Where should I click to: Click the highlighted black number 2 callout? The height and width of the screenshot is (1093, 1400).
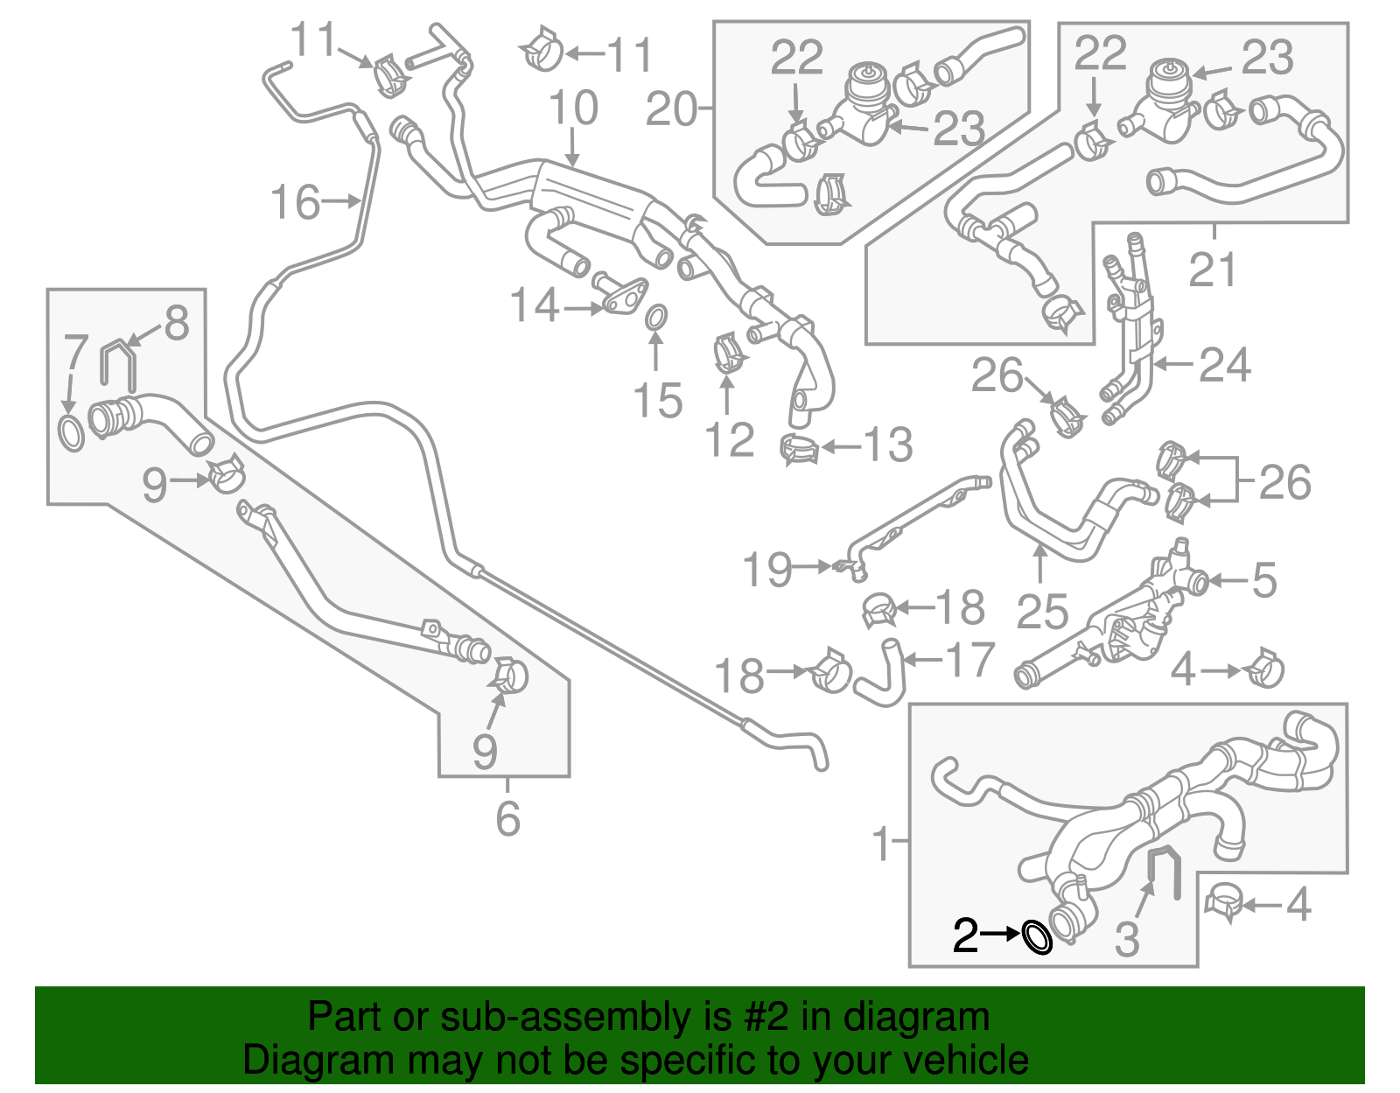[x=965, y=935]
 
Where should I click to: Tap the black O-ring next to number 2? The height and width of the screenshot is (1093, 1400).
[x=1038, y=937]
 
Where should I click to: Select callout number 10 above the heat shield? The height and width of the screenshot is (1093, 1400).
[x=573, y=109]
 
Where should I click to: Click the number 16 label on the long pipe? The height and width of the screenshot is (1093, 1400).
[x=296, y=202]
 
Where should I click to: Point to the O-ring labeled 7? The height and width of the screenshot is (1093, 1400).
[x=71, y=433]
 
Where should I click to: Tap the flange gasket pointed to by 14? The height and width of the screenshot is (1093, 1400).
[x=624, y=298]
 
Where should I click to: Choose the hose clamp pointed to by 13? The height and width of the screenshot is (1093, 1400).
[x=798, y=450]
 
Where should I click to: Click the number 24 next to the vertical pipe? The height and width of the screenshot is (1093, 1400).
[x=1224, y=365]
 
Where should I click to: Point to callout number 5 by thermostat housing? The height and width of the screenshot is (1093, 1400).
[x=1264, y=580]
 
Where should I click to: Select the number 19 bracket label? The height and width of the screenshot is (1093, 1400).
[x=766, y=570]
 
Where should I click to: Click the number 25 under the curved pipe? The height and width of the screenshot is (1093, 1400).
[x=1041, y=611]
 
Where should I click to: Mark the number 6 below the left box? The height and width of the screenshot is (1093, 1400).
[x=507, y=818]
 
